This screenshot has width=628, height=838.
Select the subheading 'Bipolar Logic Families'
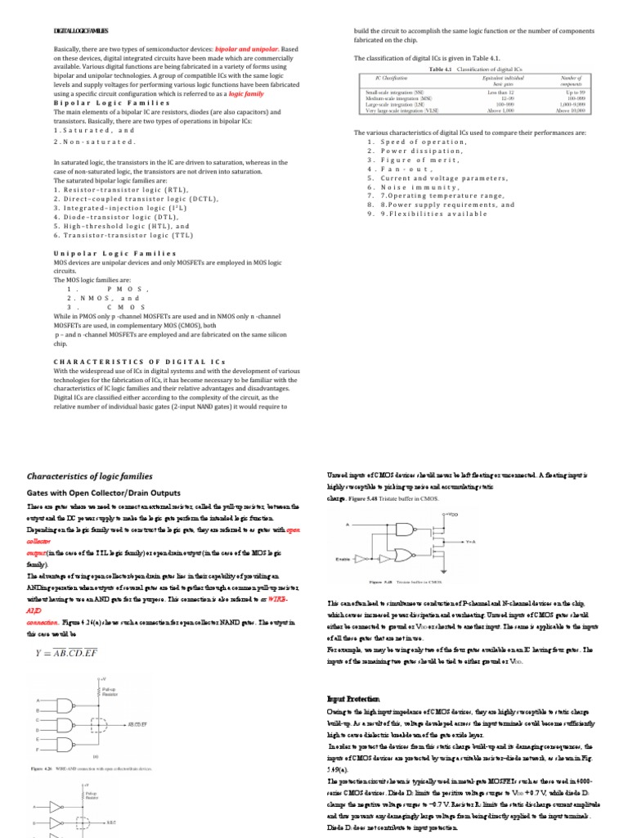(x=98, y=105)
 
